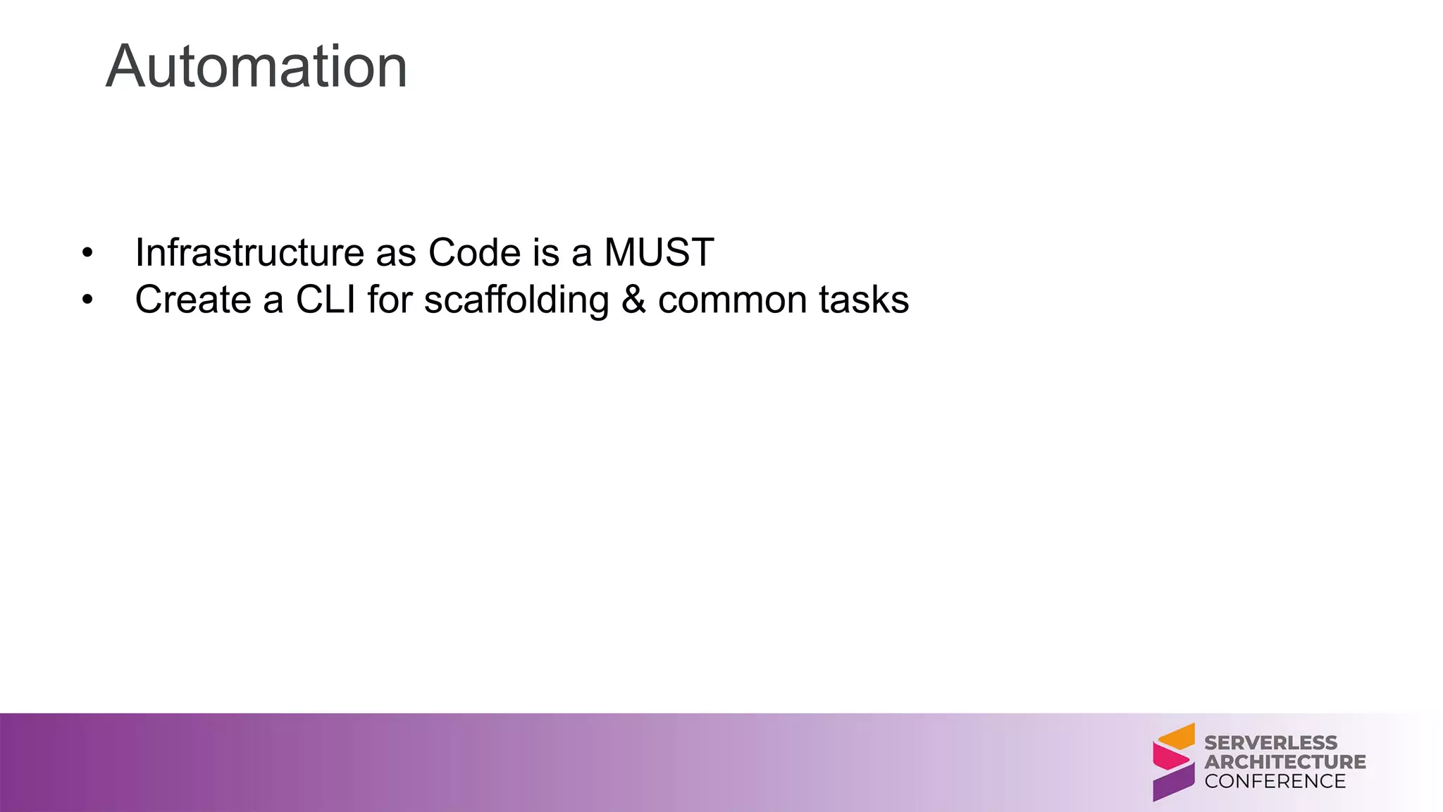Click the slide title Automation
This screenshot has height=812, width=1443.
coord(256,66)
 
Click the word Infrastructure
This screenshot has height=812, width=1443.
coord(249,252)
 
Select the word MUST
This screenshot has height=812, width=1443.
coord(659,252)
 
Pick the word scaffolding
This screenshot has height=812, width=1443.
coord(516,300)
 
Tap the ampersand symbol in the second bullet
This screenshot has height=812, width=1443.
coord(633,300)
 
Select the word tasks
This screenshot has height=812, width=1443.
coord(864,300)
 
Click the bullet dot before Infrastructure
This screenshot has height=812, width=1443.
coord(87,253)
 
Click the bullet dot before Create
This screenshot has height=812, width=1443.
coord(87,300)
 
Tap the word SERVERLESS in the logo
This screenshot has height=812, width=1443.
coord(1270,742)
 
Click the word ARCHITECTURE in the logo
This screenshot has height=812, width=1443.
coord(1284,762)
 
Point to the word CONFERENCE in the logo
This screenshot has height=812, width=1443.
coord(1275,781)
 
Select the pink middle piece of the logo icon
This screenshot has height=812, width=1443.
coord(1170,758)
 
